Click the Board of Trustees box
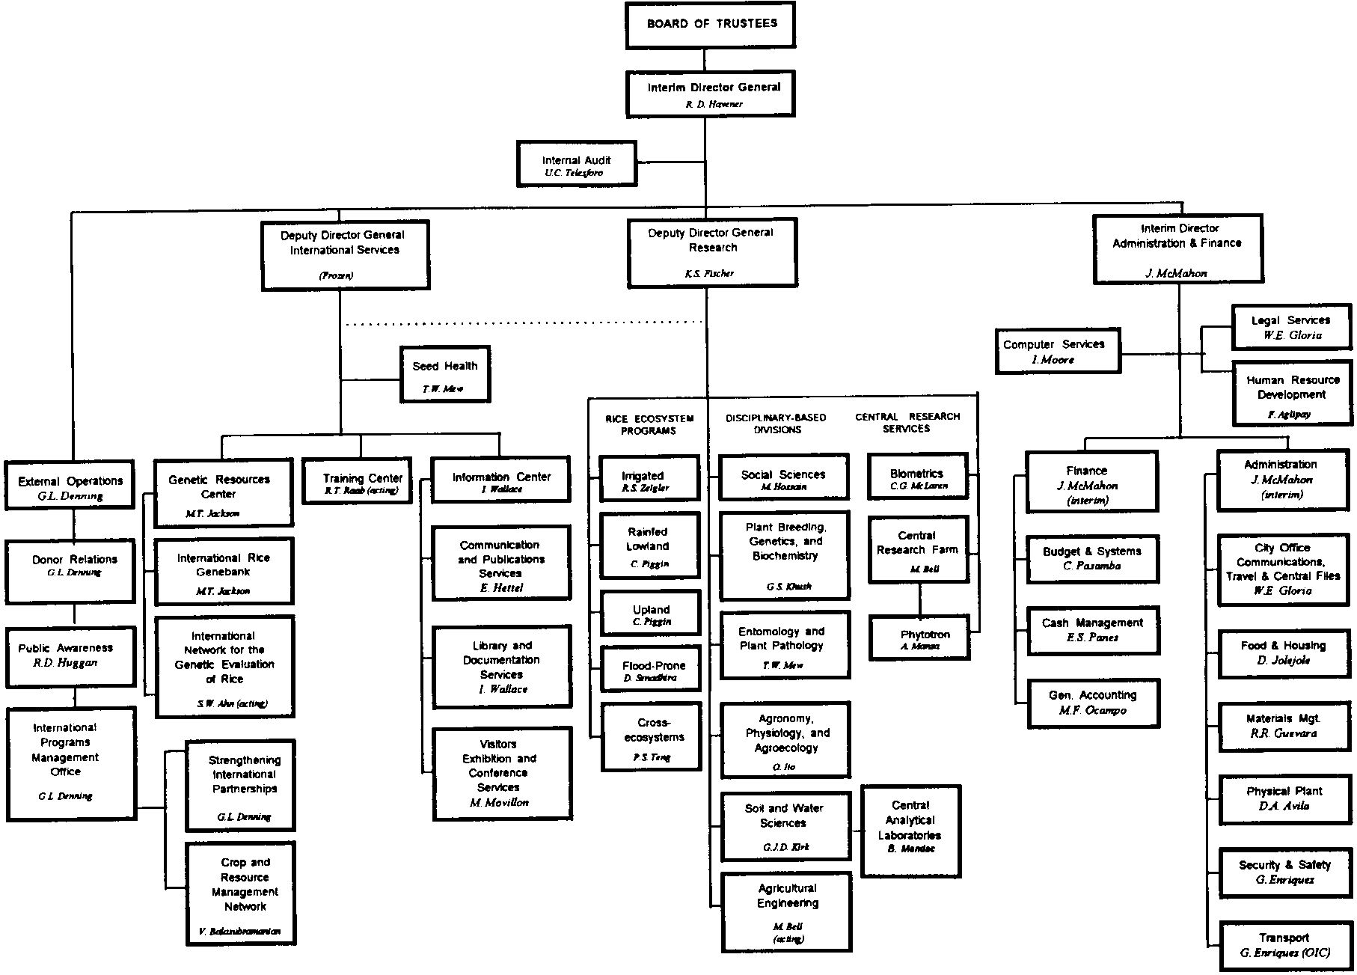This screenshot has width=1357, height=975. click(x=710, y=25)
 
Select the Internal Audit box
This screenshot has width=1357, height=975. click(x=576, y=164)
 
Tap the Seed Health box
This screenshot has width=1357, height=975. click(x=444, y=374)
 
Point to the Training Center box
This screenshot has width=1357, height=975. click(x=358, y=480)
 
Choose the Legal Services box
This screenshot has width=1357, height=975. click(x=1291, y=327)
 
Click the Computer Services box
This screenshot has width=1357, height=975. click(x=1057, y=350)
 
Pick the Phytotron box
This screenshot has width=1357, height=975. click(x=919, y=638)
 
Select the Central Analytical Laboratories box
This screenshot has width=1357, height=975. click(x=910, y=830)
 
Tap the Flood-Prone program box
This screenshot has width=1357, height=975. click(x=651, y=669)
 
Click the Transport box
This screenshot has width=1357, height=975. click(x=1284, y=945)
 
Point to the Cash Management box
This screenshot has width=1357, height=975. click(x=1092, y=629)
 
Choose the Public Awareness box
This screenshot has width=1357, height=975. click(x=70, y=656)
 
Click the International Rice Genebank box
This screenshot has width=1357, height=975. click(x=224, y=570)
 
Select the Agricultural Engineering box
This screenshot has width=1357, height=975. click(x=786, y=911)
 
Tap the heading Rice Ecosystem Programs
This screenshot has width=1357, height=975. click(x=649, y=424)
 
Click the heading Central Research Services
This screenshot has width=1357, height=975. click(x=907, y=422)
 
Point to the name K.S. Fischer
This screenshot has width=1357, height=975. click(x=709, y=274)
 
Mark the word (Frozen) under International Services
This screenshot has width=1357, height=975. click(x=336, y=275)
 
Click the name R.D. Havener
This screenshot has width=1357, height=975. click(x=714, y=105)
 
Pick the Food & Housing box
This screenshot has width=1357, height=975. click(x=1283, y=652)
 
